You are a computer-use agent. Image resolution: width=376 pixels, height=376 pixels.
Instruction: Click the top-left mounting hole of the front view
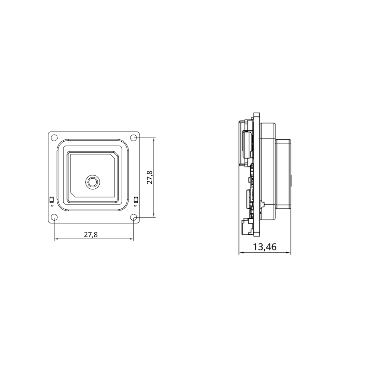pyautogui.click(x=54, y=137)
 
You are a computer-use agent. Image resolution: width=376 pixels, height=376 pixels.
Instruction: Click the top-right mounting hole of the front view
pyautogui.click(x=134, y=137)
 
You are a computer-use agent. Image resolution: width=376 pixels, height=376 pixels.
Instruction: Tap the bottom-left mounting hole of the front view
pyautogui.click(x=54, y=218)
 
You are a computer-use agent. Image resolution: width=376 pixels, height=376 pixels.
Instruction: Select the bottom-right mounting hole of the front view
pyautogui.click(x=134, y=218)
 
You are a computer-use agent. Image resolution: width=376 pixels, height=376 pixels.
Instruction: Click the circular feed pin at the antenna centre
pyautogui.click(x=93, y=182)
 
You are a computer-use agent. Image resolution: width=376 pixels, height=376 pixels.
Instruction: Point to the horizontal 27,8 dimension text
pyautogui.click(x=91, y=234)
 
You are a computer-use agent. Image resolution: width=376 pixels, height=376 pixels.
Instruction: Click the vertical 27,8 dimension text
pyautogui.click(x=150, y=177)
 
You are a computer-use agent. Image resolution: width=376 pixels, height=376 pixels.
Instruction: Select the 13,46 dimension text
pyautogui.click(x=265, y=247)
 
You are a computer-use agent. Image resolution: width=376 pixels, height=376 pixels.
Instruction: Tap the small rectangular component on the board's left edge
pyautogui.click(x=52, y=200)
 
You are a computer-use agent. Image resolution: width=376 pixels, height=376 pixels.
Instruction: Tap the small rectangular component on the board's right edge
pyautogui.click(x=136, y=200)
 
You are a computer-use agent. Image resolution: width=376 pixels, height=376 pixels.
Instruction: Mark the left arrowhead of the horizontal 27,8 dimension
pyautogui.click(x=56, y=239)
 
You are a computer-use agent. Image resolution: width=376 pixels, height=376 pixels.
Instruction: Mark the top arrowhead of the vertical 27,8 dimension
pyautogui.click(x=154, y=139)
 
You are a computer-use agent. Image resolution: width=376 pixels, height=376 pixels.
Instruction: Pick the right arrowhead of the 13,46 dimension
pyautogui.click(x=289, y=253)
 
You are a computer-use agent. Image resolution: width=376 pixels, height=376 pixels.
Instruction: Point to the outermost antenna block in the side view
pyautogui.click(x=284, y=174)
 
